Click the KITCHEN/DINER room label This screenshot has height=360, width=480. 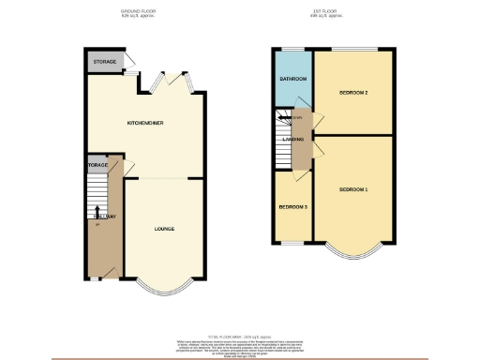[142, 123]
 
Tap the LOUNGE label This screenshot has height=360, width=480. [165, 229]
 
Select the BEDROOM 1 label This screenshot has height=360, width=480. [352, 190]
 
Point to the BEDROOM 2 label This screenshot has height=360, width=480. [352, 93]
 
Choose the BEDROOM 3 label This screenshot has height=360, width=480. [292, 208]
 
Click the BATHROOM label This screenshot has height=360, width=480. [293, 78]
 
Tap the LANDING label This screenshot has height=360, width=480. [292, 141]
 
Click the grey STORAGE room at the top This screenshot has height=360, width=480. [104, 62]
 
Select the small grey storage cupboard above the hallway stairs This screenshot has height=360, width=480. [97, 165]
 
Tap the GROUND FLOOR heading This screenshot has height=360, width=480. [138, 10]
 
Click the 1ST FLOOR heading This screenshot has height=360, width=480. [324, 10]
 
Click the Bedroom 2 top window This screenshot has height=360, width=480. [352, 49]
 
